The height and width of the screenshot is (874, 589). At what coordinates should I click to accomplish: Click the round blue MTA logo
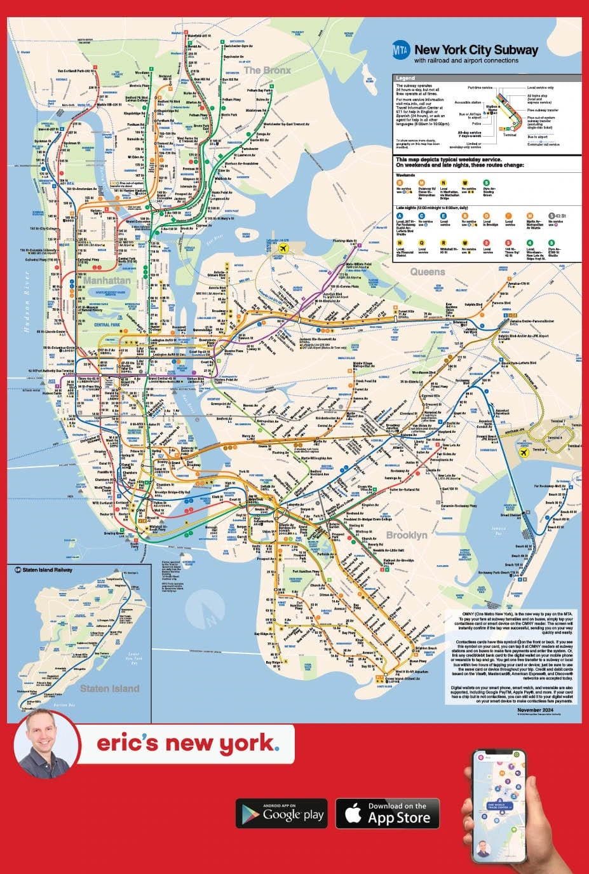coord(401,50)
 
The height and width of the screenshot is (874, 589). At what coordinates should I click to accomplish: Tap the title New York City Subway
coord(476,50)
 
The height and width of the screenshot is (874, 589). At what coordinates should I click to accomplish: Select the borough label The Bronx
coord(267,70)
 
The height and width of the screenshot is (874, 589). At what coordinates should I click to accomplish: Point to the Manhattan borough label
coord(107,280)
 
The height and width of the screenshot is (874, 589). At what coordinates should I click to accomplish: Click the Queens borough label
coord(428,272)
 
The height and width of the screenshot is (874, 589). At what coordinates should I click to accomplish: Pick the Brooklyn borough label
coord(407,535)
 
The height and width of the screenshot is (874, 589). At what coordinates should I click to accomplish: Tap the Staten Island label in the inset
coord(109,688)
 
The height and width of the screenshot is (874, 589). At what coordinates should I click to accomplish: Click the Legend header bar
coord(487,78)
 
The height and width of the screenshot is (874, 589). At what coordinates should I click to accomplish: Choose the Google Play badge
coord(281,814)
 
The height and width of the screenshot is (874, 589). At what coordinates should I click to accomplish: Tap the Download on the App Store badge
coord(391,814)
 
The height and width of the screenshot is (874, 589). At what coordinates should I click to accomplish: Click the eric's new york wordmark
coord(187,743)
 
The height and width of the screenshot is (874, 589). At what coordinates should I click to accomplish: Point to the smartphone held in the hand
coord(500,806)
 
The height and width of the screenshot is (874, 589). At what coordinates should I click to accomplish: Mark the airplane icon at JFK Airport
coord(524,453)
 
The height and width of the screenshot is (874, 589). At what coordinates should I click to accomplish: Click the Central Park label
coord(107,325)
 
